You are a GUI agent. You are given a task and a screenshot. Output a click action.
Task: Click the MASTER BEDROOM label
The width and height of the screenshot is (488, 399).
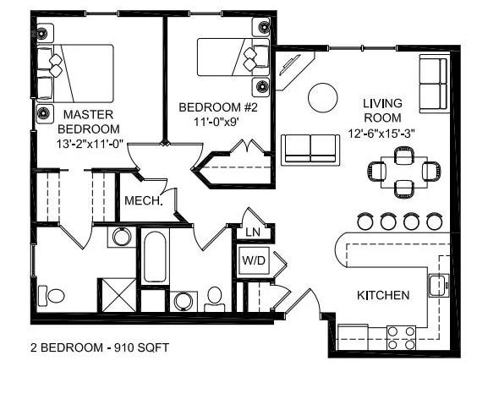pos(89,120)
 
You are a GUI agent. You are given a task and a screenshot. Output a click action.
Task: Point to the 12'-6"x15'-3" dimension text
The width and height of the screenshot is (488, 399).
pos(382,133)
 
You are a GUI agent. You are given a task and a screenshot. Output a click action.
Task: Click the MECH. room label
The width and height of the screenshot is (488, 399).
pos(142,201)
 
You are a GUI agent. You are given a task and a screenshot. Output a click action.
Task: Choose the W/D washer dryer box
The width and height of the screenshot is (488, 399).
pos(255,260)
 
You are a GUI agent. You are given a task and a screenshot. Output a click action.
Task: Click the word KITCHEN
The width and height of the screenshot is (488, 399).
pos(383,295)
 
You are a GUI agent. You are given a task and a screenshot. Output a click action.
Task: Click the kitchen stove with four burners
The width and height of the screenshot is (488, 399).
pos(401,331)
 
